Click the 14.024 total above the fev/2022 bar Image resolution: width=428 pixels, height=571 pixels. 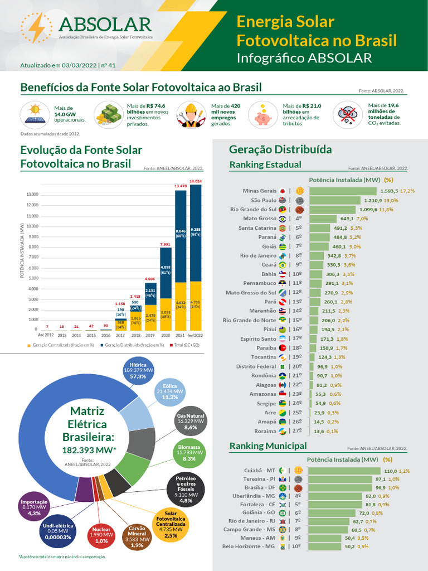tap(196, 181)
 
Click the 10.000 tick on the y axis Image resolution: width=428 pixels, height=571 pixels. tap(30, 226)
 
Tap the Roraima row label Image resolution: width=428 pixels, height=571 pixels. tap(265, 431)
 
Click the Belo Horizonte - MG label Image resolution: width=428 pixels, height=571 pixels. tap(249, 546)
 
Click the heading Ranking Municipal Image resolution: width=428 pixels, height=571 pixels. tap(268, 446)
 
